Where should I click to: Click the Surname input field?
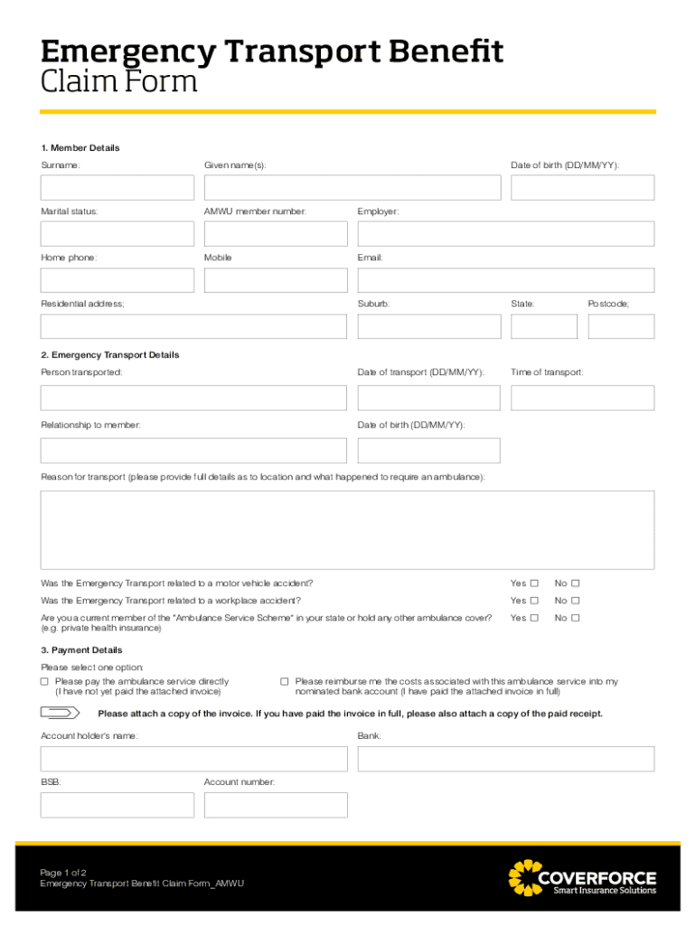click(117, 187)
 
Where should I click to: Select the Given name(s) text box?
click(352, 187)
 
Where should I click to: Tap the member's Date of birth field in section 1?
click(582, 187)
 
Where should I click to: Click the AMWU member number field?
click(275, 233)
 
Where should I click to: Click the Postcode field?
click(620, 326)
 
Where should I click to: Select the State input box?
click(543, 326)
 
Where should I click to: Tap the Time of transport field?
click(582, 398)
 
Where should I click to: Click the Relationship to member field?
click(193, 450)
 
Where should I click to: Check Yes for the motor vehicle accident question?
click(534, 583)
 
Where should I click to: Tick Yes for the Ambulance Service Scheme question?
click(534, 618)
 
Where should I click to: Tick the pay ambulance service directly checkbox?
click(45, 682)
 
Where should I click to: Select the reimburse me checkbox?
click(284, 682)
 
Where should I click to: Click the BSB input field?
click(117, 805)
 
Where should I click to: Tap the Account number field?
click(275, 805)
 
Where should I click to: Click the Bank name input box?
click(505, 759)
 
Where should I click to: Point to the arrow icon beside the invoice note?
click(61, 713)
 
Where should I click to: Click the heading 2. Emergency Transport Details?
click(110, 355)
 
